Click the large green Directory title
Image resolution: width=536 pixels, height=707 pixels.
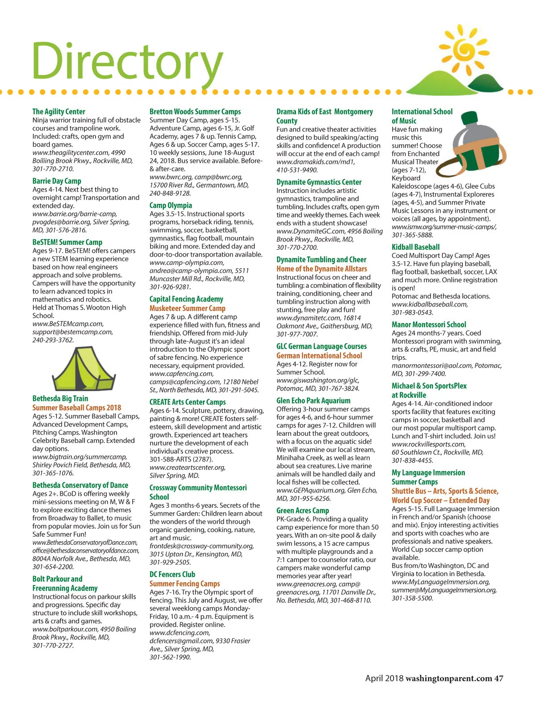(127, 60)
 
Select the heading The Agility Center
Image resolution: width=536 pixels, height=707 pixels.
(59, 111)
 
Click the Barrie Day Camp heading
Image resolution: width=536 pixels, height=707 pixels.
(57, 181)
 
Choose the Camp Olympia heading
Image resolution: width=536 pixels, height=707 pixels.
(171, 206)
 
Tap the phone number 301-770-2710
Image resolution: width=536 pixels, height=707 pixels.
(53, 169)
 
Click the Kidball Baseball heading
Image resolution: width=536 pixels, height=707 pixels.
(415, 247)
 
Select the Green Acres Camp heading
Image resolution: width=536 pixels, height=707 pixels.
(302, 510)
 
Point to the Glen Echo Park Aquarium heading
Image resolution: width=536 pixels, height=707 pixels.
(313, 401)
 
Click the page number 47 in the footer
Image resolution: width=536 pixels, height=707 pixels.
(498, 678)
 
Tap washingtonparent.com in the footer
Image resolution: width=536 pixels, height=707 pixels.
(448, 678)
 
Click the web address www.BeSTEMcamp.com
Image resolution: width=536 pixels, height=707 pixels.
(68, 324)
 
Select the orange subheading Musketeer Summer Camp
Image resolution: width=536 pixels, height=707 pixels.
(187, 308)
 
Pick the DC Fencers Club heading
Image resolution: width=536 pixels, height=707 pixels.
(172, 575)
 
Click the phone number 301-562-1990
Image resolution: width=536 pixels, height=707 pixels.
(170, 657)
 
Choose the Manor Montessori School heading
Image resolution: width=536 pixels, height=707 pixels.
(429, 325)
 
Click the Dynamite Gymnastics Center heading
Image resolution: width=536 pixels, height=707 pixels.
(319, 182)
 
